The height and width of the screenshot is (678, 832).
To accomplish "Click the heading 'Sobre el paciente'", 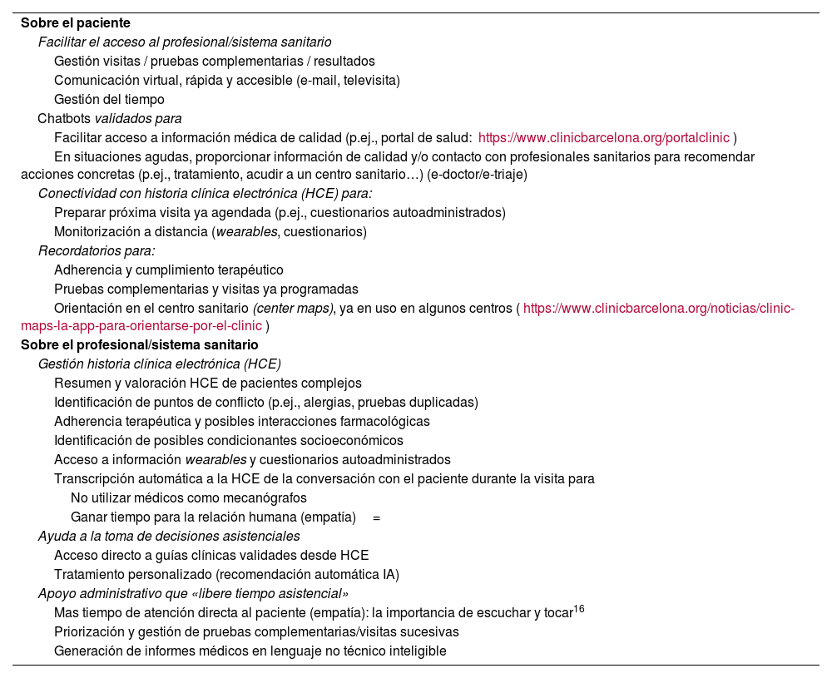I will [76, 23].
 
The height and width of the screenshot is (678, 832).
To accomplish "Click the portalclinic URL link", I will [604, 137].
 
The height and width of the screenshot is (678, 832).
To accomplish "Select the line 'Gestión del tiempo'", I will [109, 100].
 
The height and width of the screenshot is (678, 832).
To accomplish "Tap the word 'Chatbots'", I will [64, 118].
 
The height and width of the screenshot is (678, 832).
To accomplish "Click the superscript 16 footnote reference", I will [579, 610].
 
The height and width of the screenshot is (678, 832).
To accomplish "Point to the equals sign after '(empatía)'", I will [377, 517].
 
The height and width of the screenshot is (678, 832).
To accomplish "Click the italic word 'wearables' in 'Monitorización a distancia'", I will [247, 231].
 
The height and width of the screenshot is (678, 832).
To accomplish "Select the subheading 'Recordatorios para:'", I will [97, 250].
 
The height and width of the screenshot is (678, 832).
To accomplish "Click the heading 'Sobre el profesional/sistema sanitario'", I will [140, 344].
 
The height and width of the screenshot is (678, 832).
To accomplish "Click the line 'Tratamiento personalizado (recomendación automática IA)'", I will [226, 574].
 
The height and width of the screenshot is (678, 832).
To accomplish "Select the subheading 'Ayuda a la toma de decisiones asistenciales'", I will [169, 537].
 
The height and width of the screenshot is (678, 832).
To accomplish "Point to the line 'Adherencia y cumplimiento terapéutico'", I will [169, 270].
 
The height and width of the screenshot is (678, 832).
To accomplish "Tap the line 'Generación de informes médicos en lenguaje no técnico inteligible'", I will [250, 651].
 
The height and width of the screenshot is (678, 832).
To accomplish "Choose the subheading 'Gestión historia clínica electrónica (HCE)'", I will [160, 364].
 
